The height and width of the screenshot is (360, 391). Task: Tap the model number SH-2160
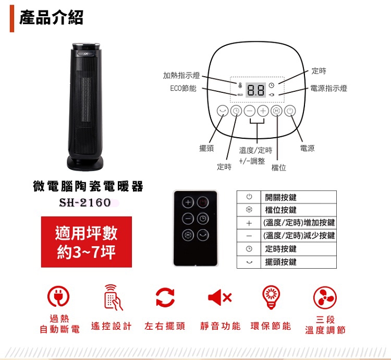click(x=85, y=202)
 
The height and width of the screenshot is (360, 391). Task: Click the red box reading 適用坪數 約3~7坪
click(x=87, y=242)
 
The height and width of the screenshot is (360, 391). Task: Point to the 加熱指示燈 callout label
click(x=181, y=76)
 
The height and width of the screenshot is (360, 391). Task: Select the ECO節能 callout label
click(x=183, y=89)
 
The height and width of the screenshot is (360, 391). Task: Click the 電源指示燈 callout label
click(x=328, y=89)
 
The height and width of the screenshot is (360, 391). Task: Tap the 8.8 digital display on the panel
click(x=256, y=90)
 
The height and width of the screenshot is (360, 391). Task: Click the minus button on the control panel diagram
click(x=249, y=111)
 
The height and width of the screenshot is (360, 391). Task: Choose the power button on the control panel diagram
click(x=290, y=111)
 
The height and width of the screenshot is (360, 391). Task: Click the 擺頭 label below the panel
click(x=206, y=149)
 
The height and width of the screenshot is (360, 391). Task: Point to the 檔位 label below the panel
click(x=278, y=167)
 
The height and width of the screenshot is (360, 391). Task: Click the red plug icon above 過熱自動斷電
click(x=58, y=296)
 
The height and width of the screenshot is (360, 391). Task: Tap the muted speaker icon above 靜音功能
click(x=219, y=297)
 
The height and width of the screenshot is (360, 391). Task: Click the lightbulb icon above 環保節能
click(x=271, y=295)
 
